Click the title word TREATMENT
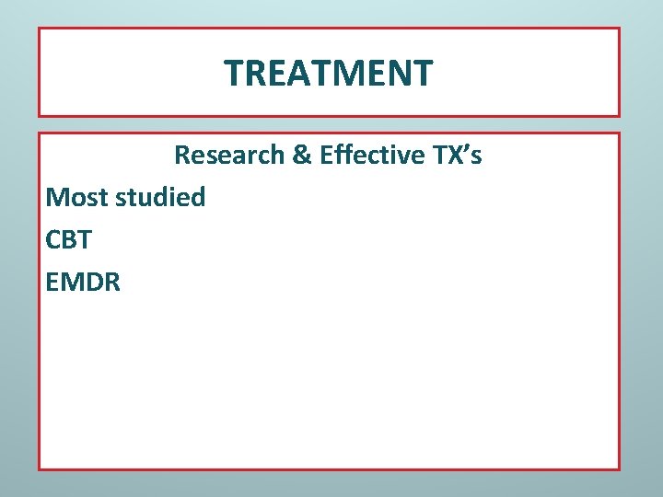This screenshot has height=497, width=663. point(329,73)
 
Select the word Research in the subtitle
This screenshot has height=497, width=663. point(229,155)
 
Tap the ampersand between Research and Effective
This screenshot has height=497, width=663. point(301,155)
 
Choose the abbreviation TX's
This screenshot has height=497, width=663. point(458,155)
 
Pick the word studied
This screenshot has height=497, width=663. point(161,197)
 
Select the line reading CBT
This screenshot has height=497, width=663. point(68,239)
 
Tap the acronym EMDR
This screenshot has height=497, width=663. point(83,282)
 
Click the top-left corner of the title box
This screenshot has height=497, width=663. point(39,28)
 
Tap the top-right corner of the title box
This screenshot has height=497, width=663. point(620,28)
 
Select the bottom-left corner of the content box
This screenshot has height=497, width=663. point(39,469)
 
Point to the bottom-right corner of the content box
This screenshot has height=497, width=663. point(620,469)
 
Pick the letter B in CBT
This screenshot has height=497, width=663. point(69,239)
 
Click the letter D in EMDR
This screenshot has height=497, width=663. point(91,282)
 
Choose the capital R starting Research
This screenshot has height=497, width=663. point(182,155)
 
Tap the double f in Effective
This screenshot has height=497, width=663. point(339,155)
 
